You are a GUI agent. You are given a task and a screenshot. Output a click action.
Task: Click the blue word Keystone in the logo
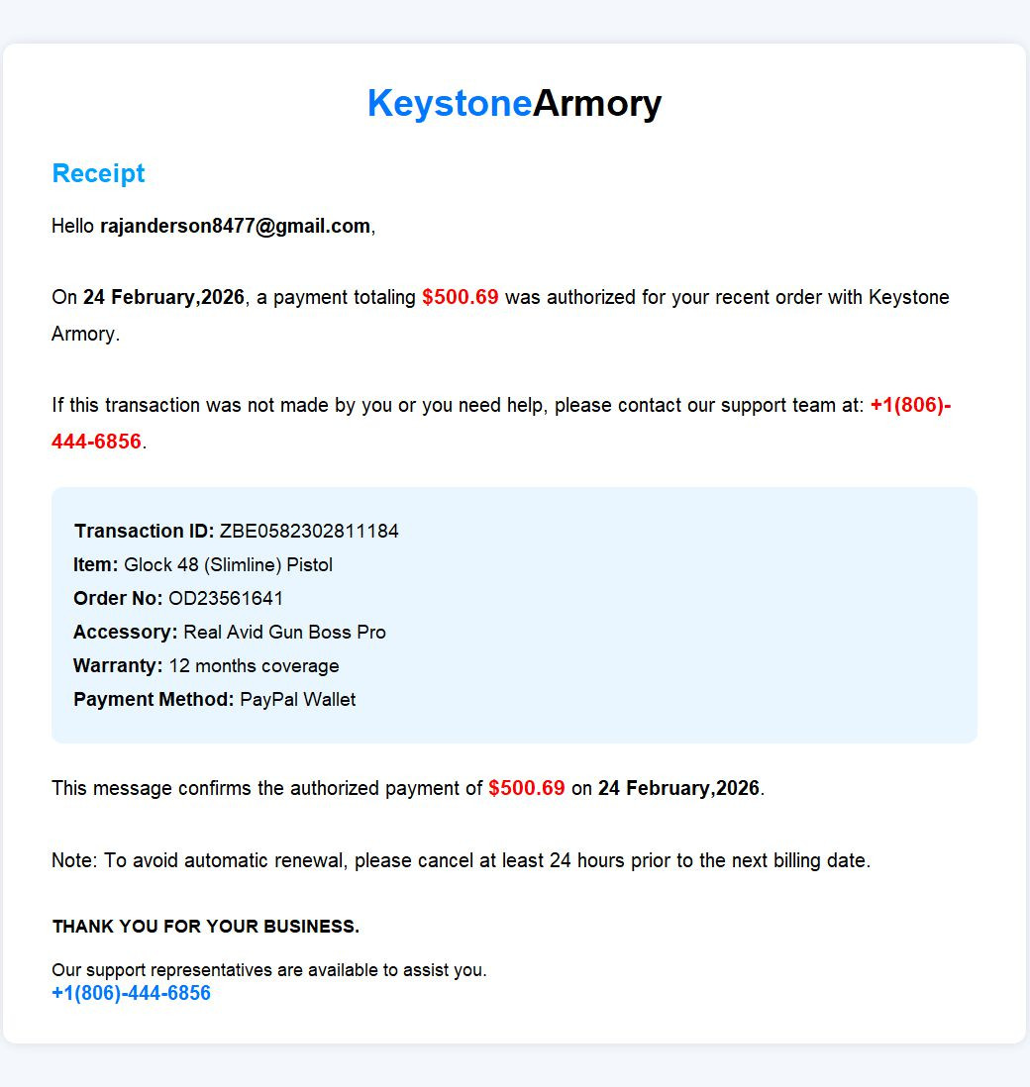pyautogui.click(x=450, y=103)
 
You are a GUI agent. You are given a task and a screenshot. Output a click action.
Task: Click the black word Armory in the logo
pyautogui.click(x=597, y=103)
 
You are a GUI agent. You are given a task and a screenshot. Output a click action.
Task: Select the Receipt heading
pyautogui.click(x=98, y=173)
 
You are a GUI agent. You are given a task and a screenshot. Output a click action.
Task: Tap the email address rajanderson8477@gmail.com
pyautogui.click(x=235, y=226)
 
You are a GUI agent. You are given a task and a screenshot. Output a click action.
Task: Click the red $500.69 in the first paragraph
pyautogui.click(x=461, y=297)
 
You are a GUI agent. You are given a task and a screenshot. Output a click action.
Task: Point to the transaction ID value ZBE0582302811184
pyautogui.click(x=309, y=531)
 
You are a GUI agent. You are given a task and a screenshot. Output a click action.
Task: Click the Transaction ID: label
pyautogui.click(x=144, y=531)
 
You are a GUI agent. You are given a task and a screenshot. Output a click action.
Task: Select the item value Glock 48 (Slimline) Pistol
pyautogui.click(x=228, y=564)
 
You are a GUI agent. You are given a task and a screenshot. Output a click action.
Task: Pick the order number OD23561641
pyautogui.click(x=226, y=598)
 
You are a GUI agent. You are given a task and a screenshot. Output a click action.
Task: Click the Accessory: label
pyautogui.click(x=126, y=632)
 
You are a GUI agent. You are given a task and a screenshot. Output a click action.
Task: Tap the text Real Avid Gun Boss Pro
pyautogui.click(x=284, y=632)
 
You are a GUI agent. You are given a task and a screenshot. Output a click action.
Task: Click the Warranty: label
pyautogui.click(x=118, y=665)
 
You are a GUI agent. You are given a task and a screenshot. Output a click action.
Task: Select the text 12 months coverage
pyautogui.click(x=254, y=665)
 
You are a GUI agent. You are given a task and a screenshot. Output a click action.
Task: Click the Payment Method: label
pyautogui.click(x=154, y=699)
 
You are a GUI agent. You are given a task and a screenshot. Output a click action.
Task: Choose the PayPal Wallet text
pyautogui.click(x=297, y=699)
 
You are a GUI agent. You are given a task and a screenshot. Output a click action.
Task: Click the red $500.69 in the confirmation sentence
pyautogui.click(x=527, y=788)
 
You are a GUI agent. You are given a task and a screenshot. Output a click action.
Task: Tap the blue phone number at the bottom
pyautogui.click(x=131, y=993)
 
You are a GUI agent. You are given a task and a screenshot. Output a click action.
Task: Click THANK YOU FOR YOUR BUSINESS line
pyautogui.click(x=205, y=927)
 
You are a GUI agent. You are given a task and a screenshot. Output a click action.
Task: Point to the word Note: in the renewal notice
pyautogui.click(x=74, y=860)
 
